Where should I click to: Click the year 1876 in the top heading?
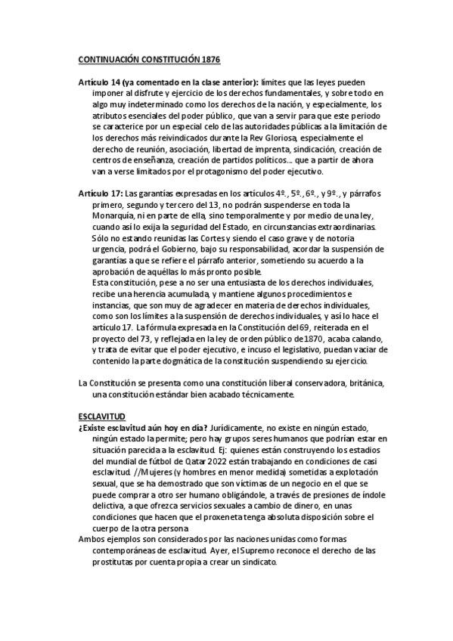pyautogui.click(x=211, y=59)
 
